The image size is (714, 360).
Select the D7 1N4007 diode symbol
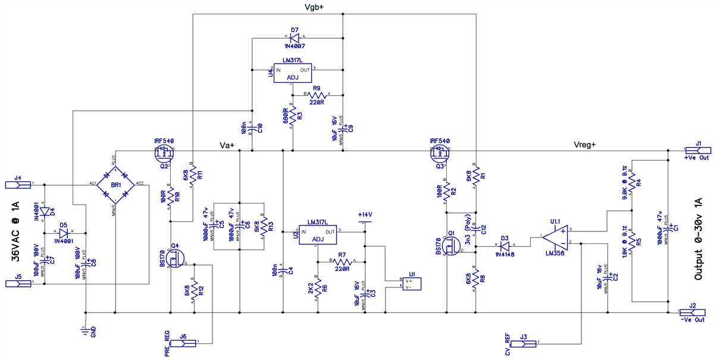[295, 37]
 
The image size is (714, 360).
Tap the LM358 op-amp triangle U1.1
[555, 237]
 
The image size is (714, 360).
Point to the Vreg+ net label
[585, 145]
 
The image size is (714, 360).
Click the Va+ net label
[227, 145]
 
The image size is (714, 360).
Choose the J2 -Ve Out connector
[694, 312]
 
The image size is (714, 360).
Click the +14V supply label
[364, 215]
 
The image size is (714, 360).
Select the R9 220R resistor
[317, 95]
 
